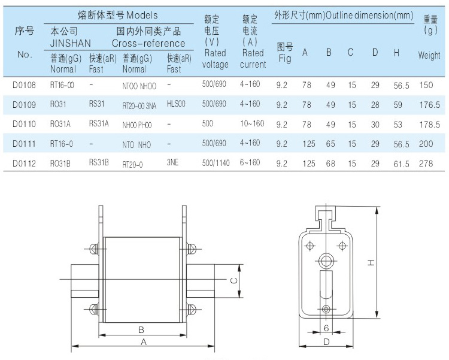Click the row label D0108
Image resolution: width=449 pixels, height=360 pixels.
click(x=24, y=85)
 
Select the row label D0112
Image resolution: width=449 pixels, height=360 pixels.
click(x=24, y=164)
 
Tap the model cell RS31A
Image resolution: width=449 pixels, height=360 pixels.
click(x=99, y=123)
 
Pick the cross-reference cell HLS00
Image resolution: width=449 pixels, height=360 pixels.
click(x=176, y=104)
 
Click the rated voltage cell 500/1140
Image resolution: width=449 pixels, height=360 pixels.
click(x=216, y=163)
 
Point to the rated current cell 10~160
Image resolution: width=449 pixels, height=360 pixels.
click(x=252, y=123)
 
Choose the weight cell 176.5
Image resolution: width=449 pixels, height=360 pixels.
click(x=430, y=105)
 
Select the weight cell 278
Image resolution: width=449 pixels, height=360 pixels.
click(x=426, y=164)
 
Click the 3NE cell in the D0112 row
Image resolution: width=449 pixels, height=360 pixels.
click(x=172, y=162)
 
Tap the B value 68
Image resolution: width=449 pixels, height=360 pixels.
click(x=330, y=164)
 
